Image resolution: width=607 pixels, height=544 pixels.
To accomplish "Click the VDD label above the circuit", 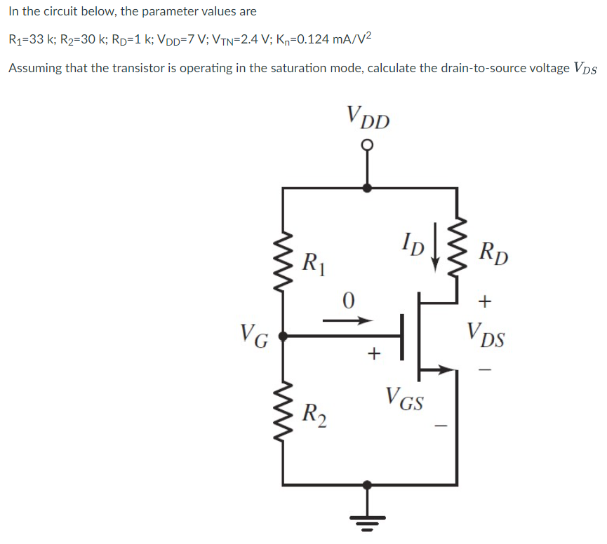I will [368, 117].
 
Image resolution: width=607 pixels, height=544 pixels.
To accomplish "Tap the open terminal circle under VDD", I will [366, 146].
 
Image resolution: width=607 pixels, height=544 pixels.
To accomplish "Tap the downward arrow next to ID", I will [436, 246].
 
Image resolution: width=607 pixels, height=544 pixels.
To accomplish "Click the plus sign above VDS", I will [484, 302].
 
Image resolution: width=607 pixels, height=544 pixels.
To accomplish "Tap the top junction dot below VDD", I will [366, 187].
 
